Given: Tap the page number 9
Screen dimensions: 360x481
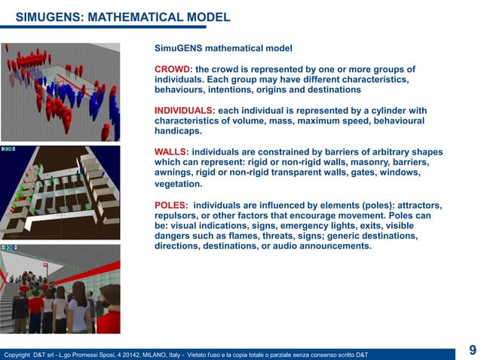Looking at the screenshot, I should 472,349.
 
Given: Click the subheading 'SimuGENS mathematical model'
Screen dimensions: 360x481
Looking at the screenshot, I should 223,48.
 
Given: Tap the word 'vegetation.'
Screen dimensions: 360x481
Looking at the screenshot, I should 178,184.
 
